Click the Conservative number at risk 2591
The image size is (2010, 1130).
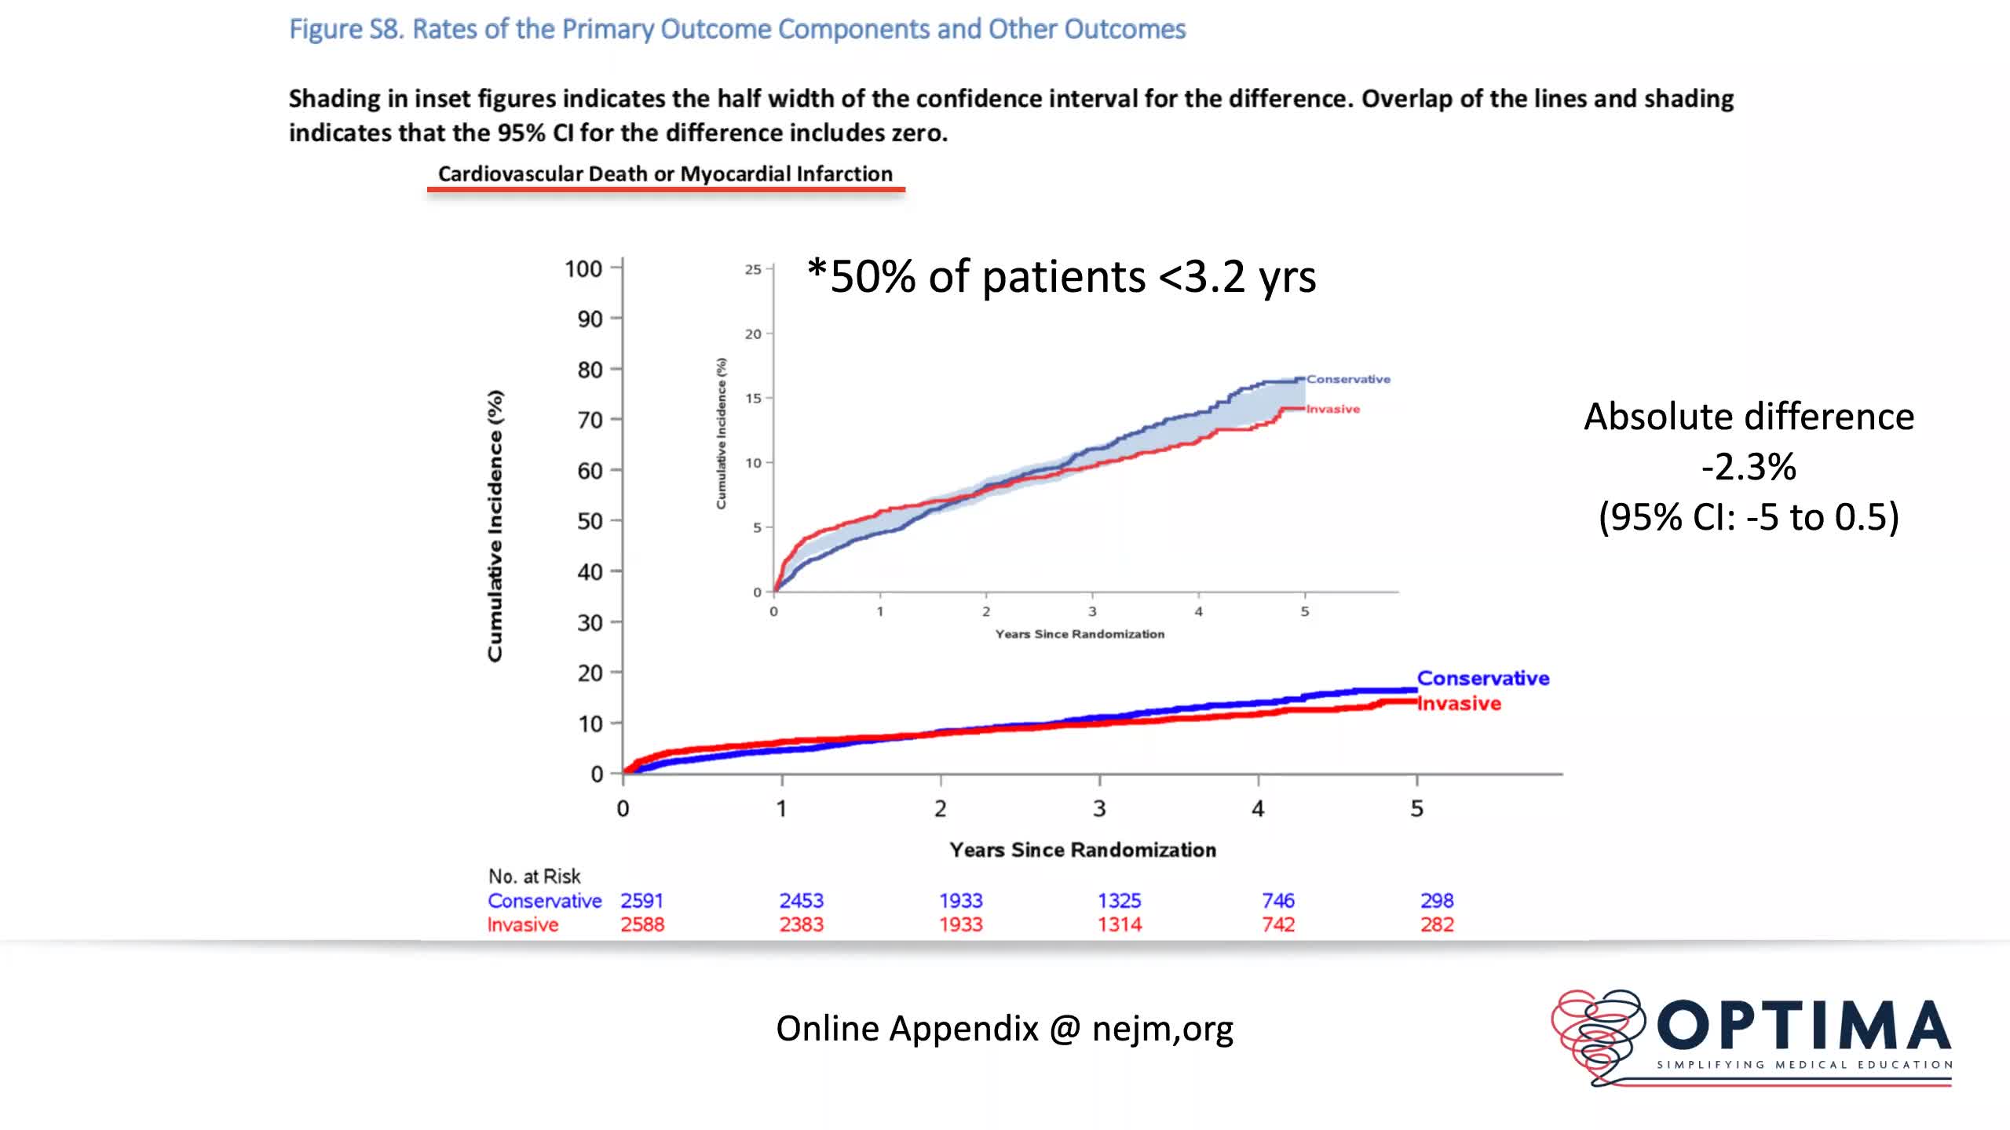point(641,900)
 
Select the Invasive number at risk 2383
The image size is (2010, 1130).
point(801,924)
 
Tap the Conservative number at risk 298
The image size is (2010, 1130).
point(1437,900)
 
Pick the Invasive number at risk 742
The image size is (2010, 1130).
point(1277,924)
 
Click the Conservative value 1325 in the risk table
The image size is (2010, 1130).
point(1119,900)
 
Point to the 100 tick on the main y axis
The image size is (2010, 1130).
point(583,269)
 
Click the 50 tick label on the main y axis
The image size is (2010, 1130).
point(590,521)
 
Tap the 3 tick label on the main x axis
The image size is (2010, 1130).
point(1099,808)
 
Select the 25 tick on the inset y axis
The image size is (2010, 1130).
point(753,269)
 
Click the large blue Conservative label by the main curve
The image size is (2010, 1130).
point(1482,678)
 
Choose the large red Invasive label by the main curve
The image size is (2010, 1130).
point(1459,703)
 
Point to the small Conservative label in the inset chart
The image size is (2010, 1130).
point(1348,379)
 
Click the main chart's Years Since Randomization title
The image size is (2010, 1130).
point(1082,850)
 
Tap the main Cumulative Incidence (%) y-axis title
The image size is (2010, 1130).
point(495,526)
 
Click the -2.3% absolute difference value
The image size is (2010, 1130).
point(1749,467)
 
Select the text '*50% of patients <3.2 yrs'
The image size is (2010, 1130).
point(1062,276)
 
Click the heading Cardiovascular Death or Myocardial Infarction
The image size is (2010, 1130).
point(665,173)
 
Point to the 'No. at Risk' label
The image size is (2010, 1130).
point(534,876)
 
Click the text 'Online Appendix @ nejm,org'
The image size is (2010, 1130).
point(1004,1028)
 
